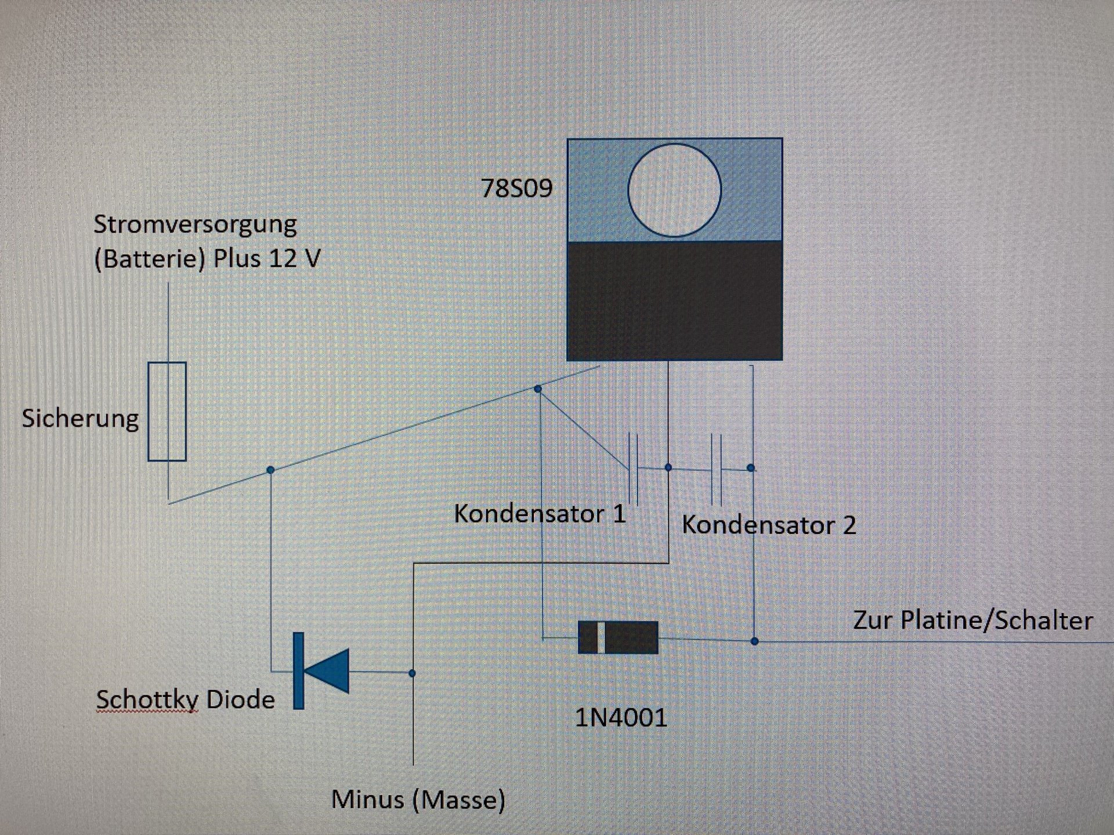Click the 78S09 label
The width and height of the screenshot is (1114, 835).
coord(517,188)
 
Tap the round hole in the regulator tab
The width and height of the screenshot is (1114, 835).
coord(675,190)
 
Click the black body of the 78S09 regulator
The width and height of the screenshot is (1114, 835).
coord(675,300)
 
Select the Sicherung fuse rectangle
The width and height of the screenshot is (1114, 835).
coord(167,412)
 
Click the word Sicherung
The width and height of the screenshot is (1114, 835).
coord(81,419)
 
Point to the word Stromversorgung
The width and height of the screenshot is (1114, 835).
coord(196,225)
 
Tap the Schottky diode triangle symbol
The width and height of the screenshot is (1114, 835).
coord(326,671)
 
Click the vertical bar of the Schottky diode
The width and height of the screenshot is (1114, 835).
coord(298,670)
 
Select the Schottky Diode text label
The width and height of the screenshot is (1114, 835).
coord(186,700)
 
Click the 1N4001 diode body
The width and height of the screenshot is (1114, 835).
coord(619,638)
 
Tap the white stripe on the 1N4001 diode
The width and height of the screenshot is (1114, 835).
coord(601,638)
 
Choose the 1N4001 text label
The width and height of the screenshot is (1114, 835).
coord(621,718)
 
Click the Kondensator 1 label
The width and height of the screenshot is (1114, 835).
coord(540,514)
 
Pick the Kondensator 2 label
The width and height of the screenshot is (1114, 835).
coord(769,525)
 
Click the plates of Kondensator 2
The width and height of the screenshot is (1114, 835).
coord(716,469)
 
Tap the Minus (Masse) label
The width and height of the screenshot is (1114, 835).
coord(418,800)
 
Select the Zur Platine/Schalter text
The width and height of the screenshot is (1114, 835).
coord(973,620)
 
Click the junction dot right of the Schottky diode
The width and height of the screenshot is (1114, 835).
coord(412,673)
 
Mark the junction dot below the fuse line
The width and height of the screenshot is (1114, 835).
coord(270,470)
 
